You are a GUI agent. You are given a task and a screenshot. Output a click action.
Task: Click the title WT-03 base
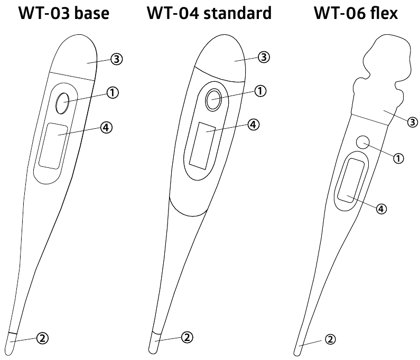[64, 13]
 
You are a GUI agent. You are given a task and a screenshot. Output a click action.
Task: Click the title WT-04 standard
[209, 13]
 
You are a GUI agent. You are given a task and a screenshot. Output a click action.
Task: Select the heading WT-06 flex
[356, 13]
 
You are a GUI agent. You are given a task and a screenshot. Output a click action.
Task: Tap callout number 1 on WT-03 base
[113, 92]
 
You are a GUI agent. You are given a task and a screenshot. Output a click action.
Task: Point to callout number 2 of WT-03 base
[42, 338]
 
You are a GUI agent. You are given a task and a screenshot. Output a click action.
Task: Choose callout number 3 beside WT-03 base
[117, 59]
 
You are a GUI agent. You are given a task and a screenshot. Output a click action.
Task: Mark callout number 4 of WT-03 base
[106, 127]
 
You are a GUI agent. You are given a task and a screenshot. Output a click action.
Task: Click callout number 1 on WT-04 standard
[260, 91]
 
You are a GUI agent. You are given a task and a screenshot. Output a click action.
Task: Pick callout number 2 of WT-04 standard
[187, 337]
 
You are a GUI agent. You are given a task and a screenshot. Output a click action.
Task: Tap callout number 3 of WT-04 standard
[264, 57]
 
